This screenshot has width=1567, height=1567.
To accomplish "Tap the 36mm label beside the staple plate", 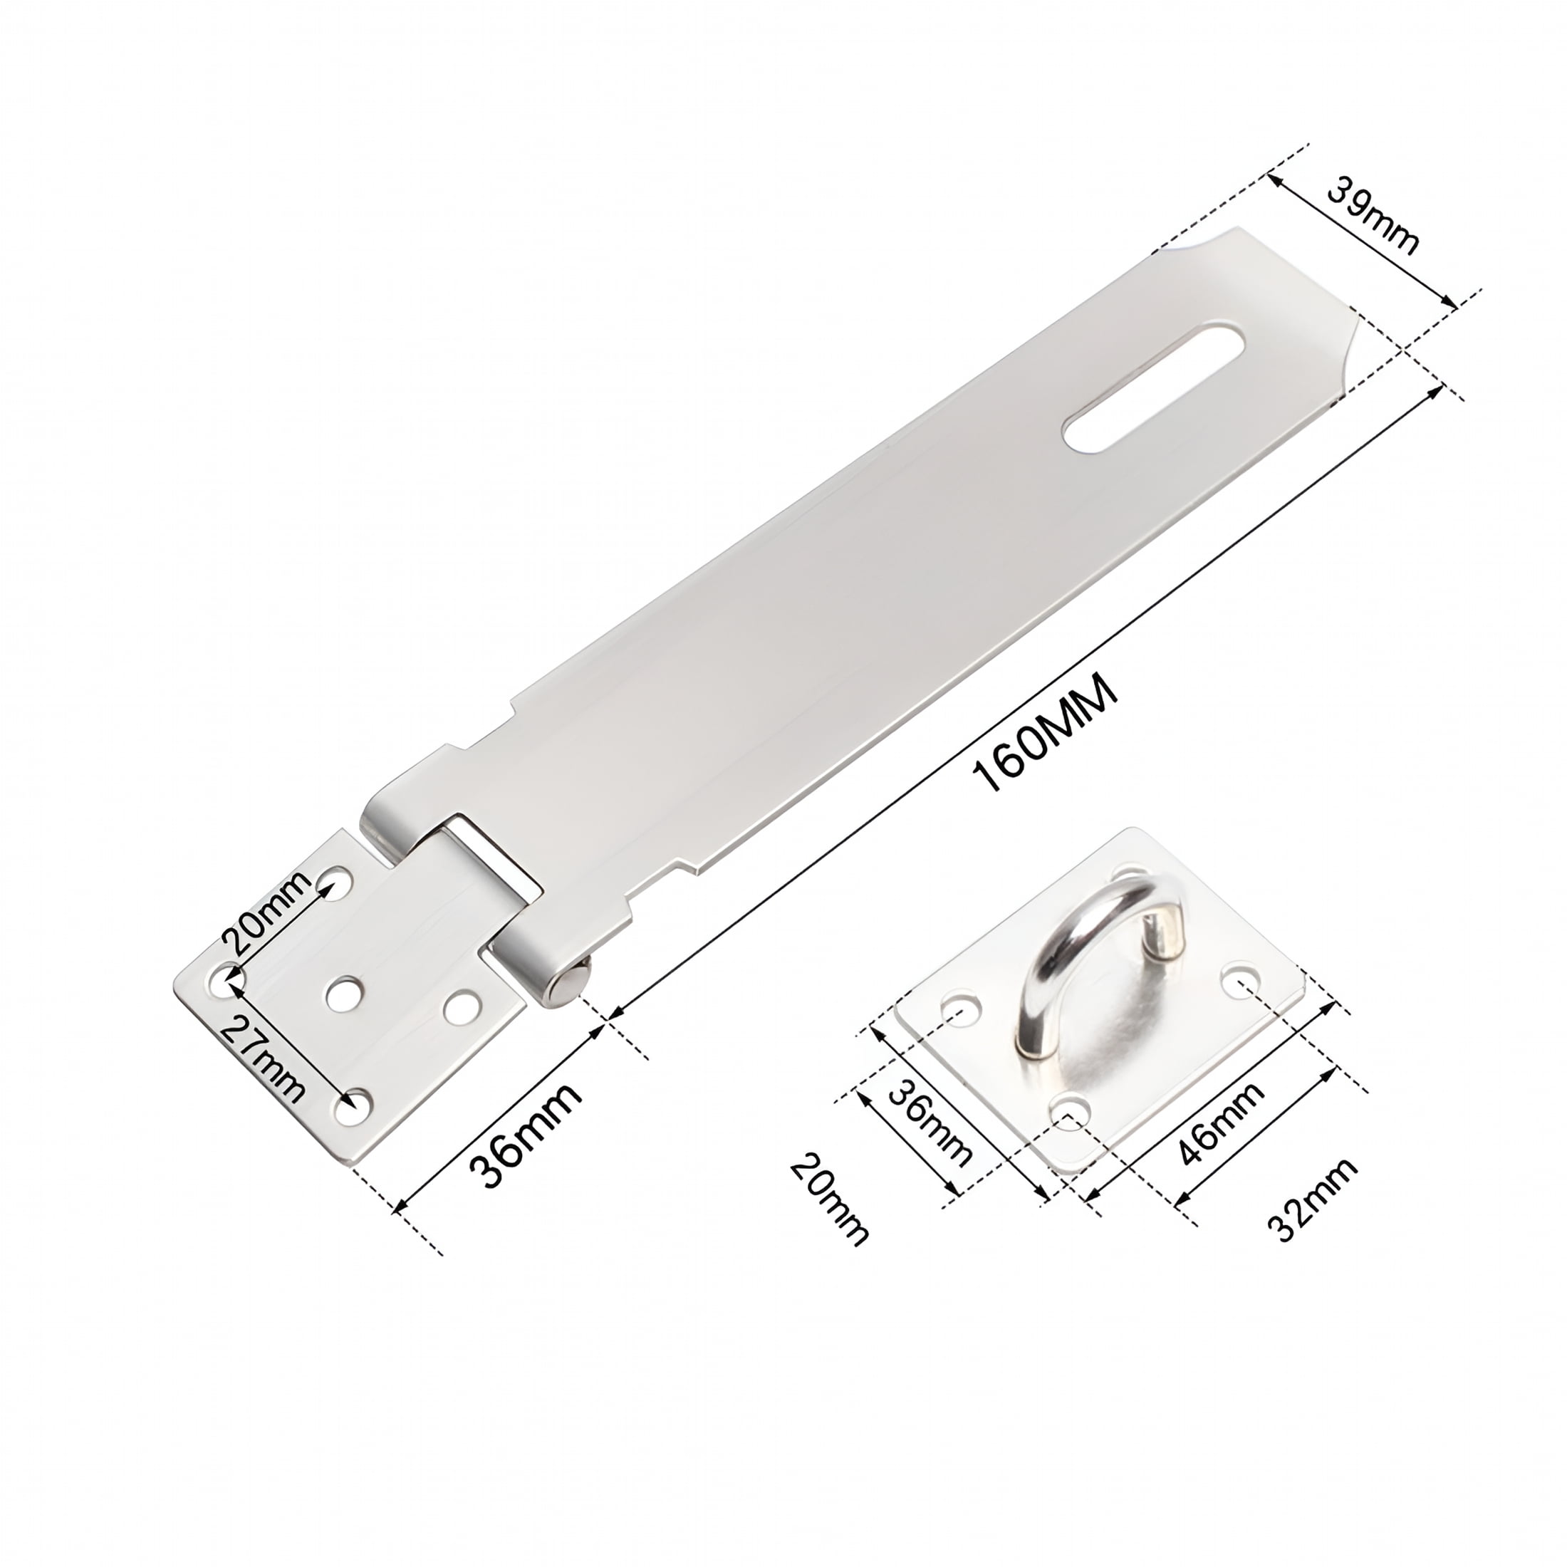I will click(930, 1123).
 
